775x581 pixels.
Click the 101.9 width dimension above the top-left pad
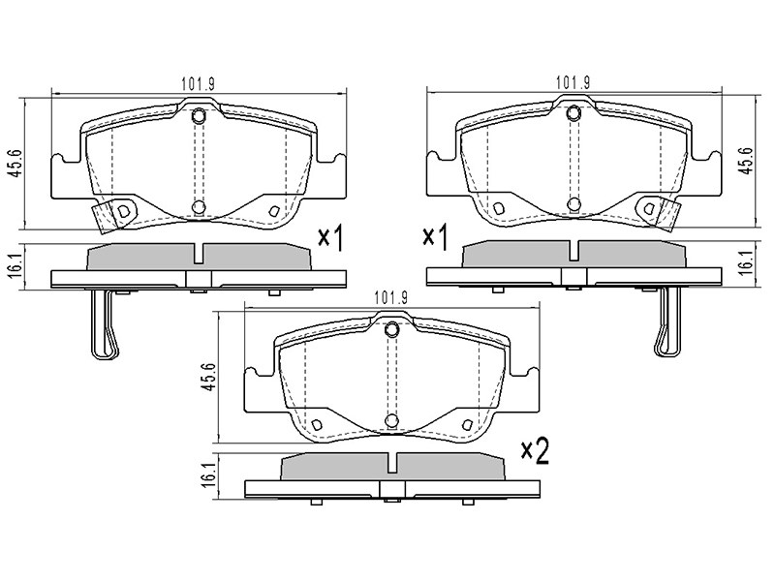pyautogui.click(x=198, y=84)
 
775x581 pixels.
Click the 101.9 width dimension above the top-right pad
pyautogui.click(x=573, y=83)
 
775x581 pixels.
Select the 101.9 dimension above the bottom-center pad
pyautogui.click(x=390, y=298)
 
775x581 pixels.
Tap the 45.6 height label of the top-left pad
pyautogui.click(x=16, y=164)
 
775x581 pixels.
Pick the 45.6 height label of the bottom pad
pyautogui.click(x=209, y=378)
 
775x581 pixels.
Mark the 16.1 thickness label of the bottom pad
pyautogui.click(x=209, y=475)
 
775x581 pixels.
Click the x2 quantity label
pyautogui.click(x=536, y=452)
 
